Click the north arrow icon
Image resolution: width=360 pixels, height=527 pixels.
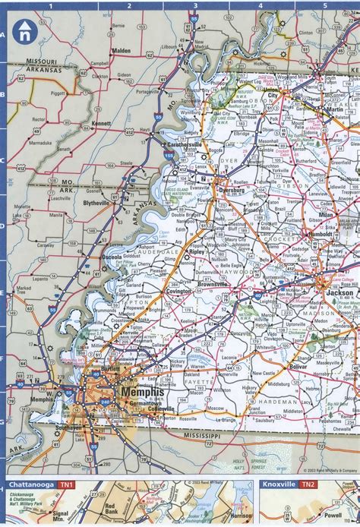[25, 31]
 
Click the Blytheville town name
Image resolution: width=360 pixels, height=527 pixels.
[96, 204]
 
